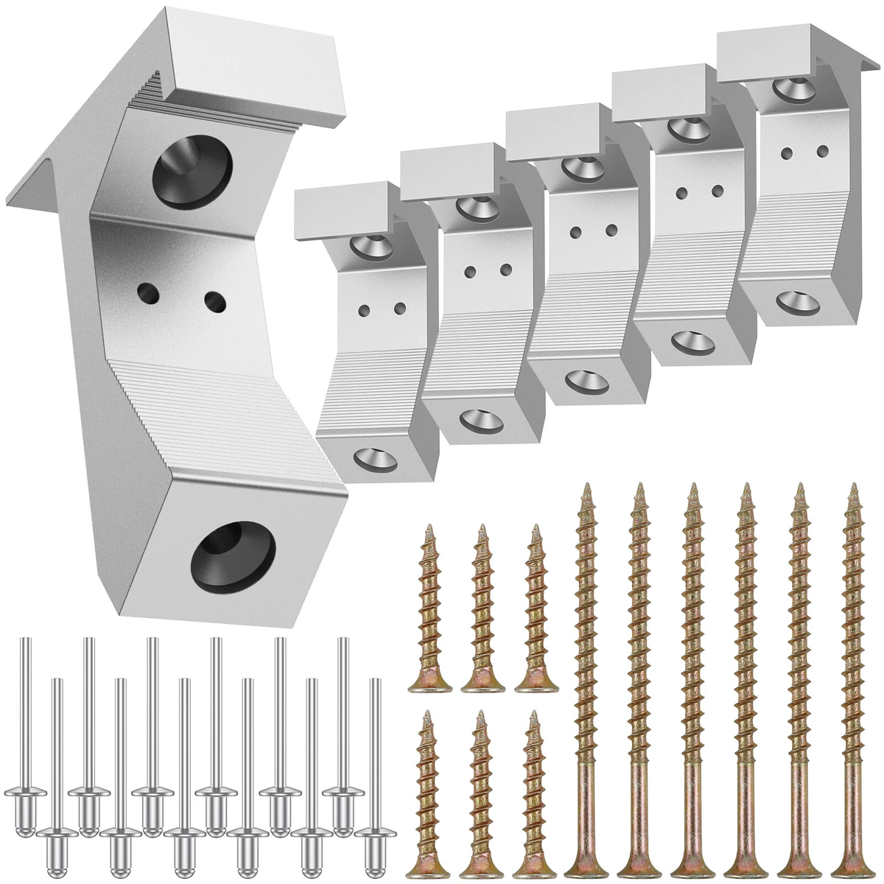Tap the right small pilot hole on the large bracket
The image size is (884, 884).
tap(214, 300)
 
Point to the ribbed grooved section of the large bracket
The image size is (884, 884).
tap(221, 413)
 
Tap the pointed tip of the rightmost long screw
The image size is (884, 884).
tap(853, 488)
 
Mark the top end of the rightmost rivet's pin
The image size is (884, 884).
tap(375, 682)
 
